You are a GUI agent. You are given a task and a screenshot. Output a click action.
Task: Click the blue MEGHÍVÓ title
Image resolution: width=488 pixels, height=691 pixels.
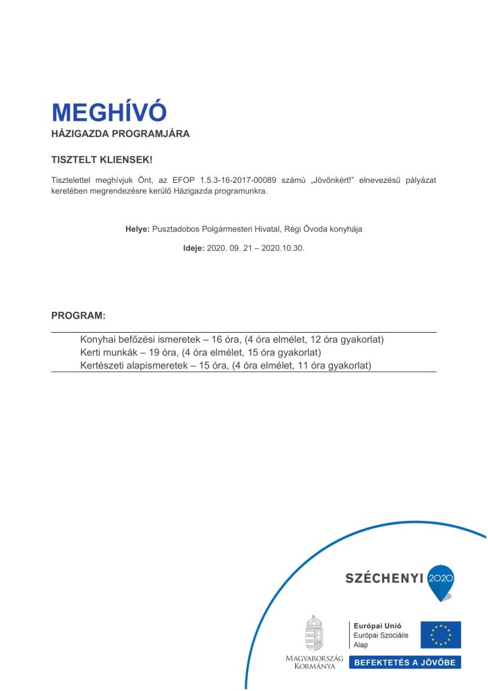pos(109,112)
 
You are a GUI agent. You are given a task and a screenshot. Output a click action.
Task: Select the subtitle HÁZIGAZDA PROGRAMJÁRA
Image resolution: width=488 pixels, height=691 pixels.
pos(121,134)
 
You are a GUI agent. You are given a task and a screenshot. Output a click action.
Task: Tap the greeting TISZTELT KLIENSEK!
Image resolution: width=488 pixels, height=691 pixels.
pos(102,160)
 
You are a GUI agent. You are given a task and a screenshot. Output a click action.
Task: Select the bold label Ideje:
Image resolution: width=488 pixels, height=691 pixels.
pos(193,248)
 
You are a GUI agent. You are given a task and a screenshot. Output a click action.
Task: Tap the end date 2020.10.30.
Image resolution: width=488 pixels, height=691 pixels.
pos(283,248)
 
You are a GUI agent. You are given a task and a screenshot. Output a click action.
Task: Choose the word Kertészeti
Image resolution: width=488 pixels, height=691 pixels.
pos(103,366)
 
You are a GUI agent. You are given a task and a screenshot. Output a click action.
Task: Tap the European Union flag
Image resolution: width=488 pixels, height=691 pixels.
pos(441,635)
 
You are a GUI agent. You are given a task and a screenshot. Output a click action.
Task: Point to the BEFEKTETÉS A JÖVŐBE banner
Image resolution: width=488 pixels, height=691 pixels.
pos(404,662)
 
